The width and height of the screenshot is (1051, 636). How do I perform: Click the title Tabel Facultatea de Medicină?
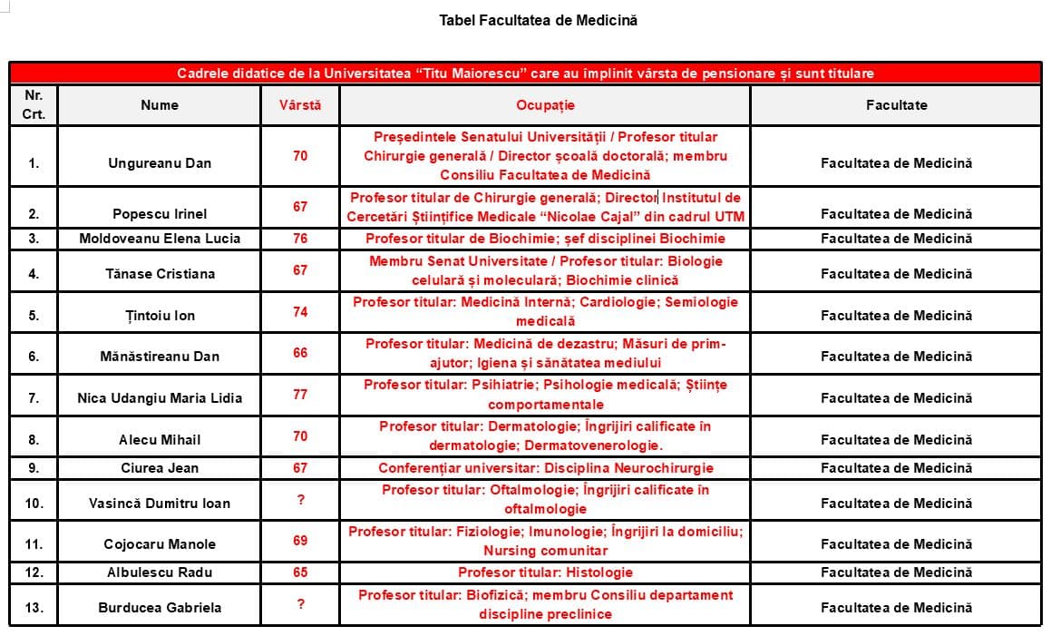(538, 20)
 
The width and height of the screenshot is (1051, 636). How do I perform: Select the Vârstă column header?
(299, 105)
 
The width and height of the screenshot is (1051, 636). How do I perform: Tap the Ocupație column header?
(545, 105)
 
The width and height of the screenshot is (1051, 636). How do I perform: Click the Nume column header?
(160, 105)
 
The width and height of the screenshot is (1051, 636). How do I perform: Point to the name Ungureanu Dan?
(160, 163)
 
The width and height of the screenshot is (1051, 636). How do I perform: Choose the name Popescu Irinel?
(160, 214)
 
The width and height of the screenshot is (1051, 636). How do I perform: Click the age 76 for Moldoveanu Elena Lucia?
(300, 239)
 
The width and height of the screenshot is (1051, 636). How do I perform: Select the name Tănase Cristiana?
(160, 274)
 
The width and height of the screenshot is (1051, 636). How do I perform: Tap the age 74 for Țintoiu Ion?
(300, 311)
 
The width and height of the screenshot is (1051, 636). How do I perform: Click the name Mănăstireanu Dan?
(160, 357)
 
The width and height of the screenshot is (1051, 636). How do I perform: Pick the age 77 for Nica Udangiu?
(300, 394)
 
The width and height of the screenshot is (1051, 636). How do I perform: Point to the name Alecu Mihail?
(160, 440)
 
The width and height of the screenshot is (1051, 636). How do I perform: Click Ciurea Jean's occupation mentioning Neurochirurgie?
(545, 468)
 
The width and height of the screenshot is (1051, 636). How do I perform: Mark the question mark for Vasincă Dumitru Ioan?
(300, 499)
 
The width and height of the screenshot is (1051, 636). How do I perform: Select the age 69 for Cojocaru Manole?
(300, 541)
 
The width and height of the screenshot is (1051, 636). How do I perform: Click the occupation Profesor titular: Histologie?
(545, 572)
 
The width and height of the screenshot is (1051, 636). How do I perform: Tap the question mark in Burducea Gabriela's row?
(300, 603)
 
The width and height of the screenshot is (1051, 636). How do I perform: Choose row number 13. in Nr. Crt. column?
(34, 608)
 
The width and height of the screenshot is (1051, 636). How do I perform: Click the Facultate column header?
(896, 105)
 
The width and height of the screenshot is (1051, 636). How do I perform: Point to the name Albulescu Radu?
(160, 572)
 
